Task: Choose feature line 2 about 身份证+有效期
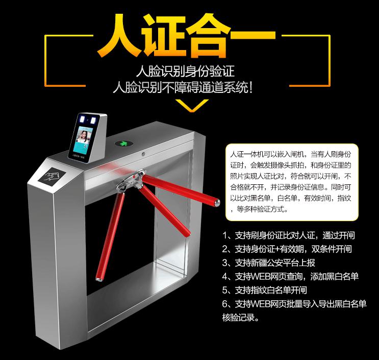tap(294, 249)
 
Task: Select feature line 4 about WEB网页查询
tap(291, 277)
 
